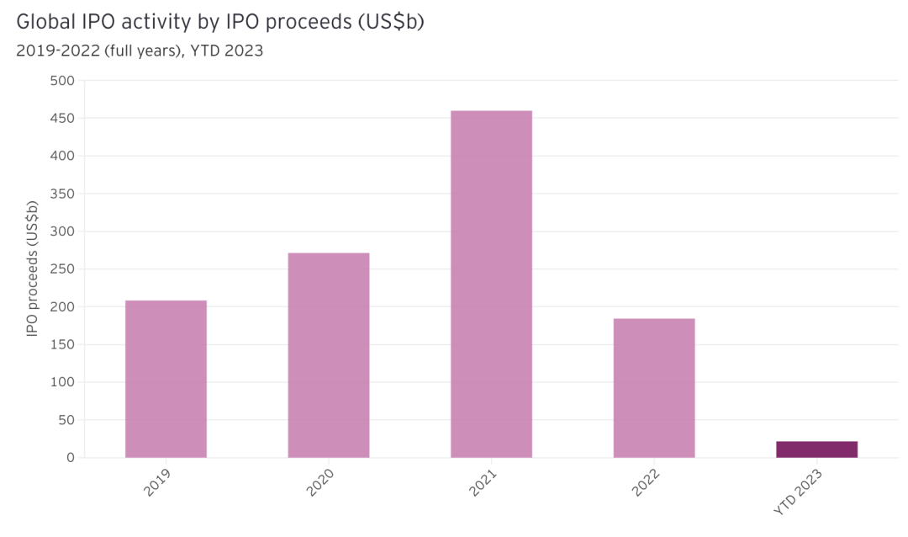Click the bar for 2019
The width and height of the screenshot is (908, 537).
pyautogui.click(x=166, y=379)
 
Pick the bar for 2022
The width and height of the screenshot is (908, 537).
pyautogui.click(x=654, y=388)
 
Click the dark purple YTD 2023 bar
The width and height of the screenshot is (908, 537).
pyautogui.click(x=816, y=449)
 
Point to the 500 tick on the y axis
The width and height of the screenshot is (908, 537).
pyautogui.click(x=64, y=81)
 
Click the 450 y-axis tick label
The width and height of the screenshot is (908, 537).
pyautogui.click(x=64, y=119)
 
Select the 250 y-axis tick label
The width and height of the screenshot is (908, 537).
pyautogui.click(x=64, y=269)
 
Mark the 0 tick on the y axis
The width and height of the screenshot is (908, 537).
pyautogui.click(x=71, y=458)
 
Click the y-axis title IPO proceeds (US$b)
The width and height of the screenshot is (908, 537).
pyautogui.click(x=33, y=269)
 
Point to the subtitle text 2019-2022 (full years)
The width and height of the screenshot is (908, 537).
pyautogui.click(x=92, y=51)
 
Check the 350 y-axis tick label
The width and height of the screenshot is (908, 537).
pyautogui.click(x=64, y=194)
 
